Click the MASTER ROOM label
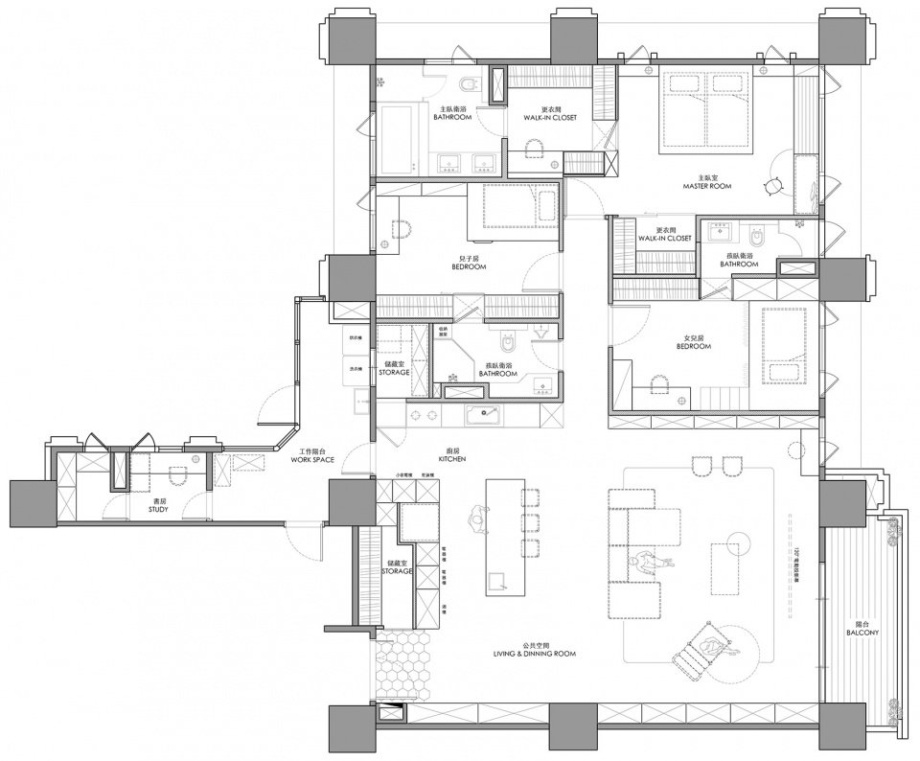tap(707, 182)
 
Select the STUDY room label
tap(158, 506)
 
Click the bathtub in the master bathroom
tap(400, 140)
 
